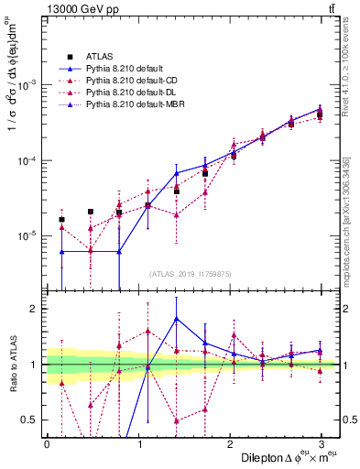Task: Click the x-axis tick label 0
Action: pos(46,443)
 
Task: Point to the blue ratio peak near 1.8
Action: pos(176,318)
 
